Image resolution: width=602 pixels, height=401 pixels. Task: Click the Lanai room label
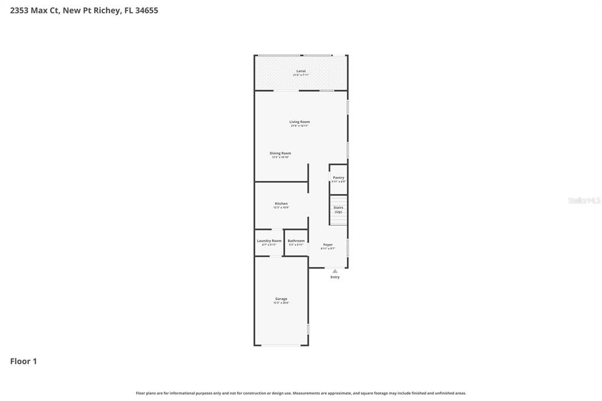tap(300, 71)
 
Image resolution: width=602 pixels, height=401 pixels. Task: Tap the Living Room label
tap(299, 122)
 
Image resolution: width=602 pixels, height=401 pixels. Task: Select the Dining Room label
tap(280, 153)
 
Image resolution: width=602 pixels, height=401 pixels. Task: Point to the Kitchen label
tap(281, 203)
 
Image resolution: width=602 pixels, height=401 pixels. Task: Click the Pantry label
tap(339, 178)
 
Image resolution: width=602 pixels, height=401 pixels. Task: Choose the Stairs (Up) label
tap(338, 209)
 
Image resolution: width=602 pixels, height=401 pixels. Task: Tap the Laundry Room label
tap(269, 240)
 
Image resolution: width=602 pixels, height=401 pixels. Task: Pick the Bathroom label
tap(296, 240)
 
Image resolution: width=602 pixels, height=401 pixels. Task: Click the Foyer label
tap(328, 245)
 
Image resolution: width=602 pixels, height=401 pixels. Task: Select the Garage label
tap(281, 299)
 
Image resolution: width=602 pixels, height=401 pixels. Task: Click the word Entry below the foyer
tap(335, 277)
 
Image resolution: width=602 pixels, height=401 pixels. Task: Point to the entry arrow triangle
tap(335, 271)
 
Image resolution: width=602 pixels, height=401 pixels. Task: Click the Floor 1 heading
tap(24, 362)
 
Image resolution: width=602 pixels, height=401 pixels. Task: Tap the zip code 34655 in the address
tap(146, 11)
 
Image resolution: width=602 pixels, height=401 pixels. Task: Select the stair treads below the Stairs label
tap(338, 219)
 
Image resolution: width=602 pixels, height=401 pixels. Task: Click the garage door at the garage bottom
tap(281, 345)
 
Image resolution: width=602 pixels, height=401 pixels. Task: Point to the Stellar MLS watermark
tap(584, 200)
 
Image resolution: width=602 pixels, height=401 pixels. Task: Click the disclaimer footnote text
tap(300, 393)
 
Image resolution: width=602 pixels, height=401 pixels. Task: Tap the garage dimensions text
tap(281, 303)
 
